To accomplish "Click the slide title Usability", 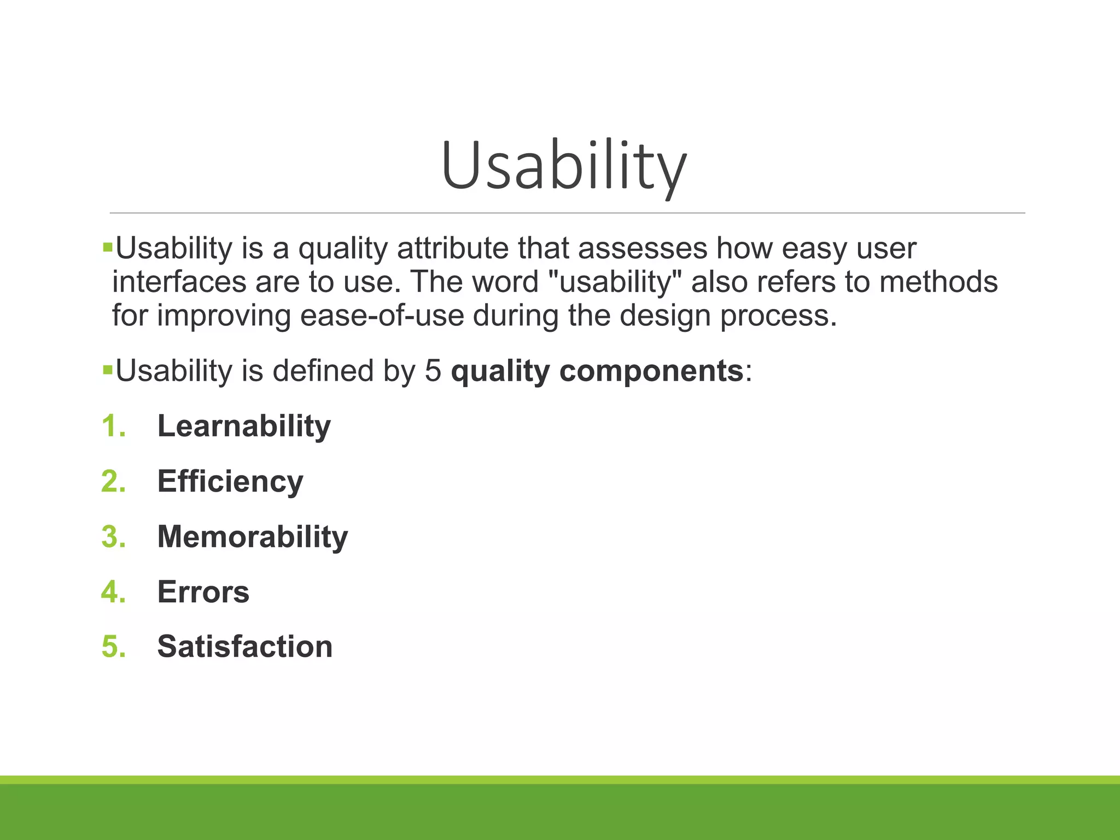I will [563, 166].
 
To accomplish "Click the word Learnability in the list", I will [244, 426].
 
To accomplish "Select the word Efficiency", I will [230, 481].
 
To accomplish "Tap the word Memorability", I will [252, 536].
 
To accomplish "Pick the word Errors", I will [203, 592].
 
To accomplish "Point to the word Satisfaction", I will [244, 646].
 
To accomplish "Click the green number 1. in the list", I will [114, 426].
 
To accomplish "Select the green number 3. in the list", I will [114, 536].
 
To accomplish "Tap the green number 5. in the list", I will [114, 646].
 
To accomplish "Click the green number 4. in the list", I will [114, 592].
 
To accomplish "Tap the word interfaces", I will [179, 282].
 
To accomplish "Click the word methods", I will [938, 282].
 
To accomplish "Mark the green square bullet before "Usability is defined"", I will [107, 370].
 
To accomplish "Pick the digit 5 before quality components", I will [433, 371].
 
